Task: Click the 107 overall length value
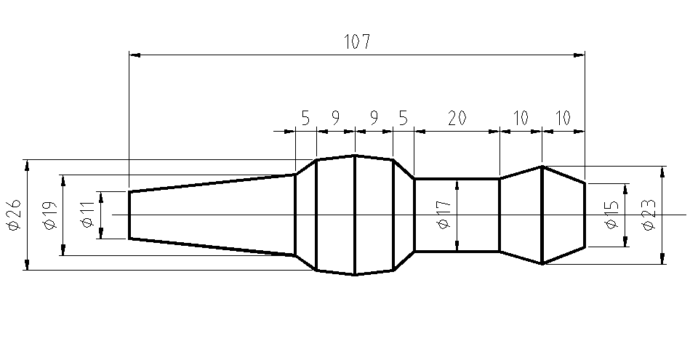click(x=357, y=42)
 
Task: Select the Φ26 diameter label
click(x=13, y=216)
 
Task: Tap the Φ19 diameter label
click(x=50, y=215)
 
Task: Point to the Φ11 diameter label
click(x=87, y=215)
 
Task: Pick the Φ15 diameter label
click(x=612, y=215)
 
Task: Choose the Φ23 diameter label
click(x=649, y=216)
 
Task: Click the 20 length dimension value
click(x=457, y=118)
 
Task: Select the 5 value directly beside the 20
click(x=403, y=118)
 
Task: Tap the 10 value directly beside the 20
click(x=521, y=118)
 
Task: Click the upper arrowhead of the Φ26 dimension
click(x=27, y=164)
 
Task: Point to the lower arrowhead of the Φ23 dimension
click(x=662, y=258)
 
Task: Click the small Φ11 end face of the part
click(x=129, y=215)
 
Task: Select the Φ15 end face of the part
click(x=585, y=215)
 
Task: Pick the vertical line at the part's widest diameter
click(x=354, y=215)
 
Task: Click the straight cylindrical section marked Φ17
click(x=473, y=196)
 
